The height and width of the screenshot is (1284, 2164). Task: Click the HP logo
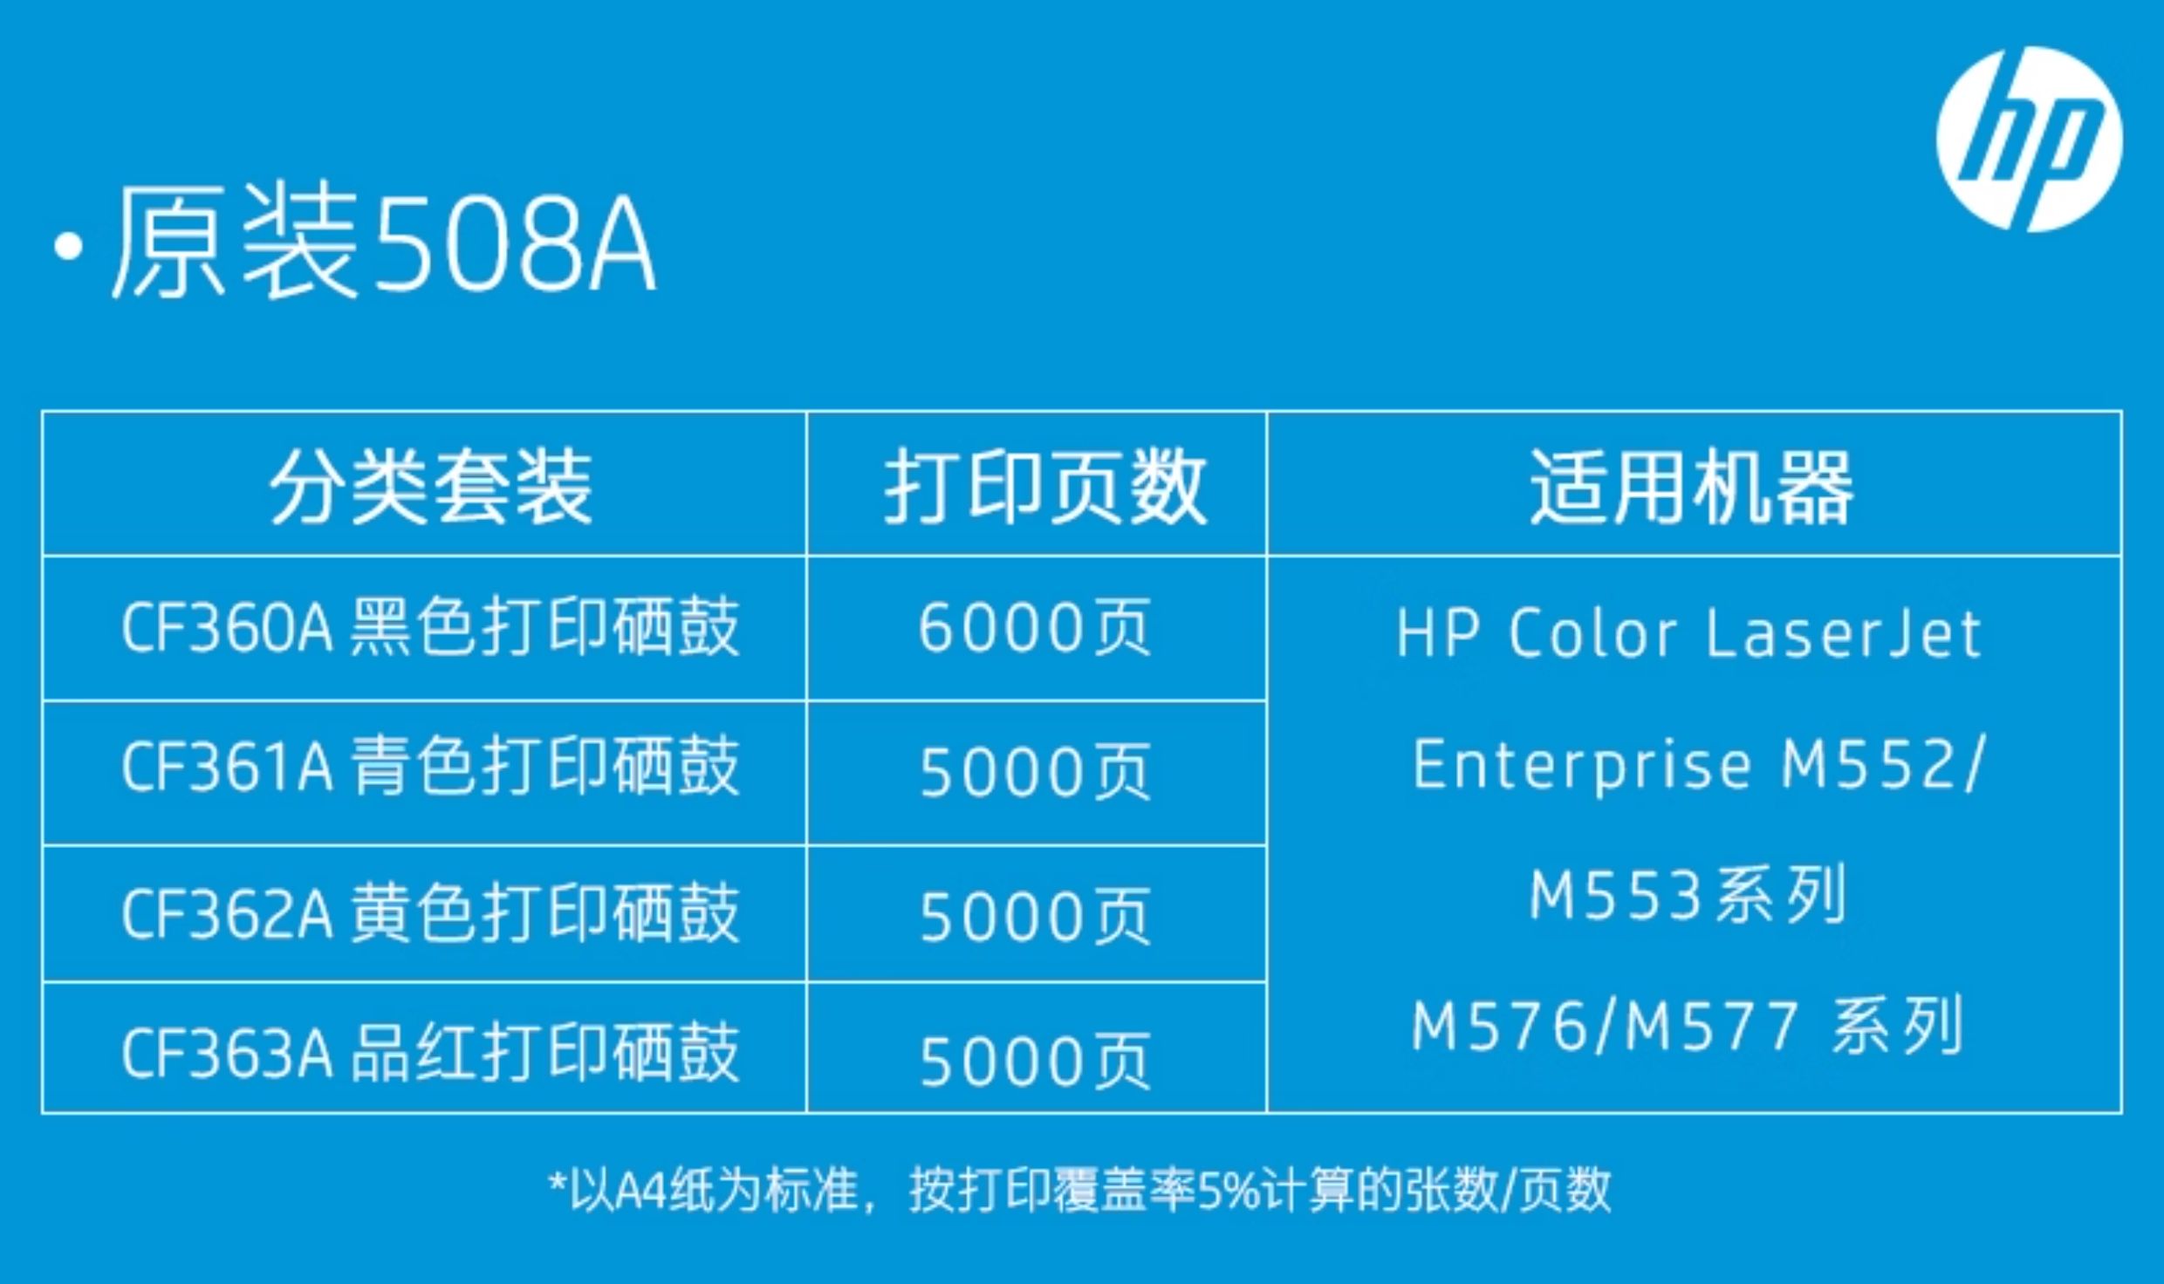point(2030,139)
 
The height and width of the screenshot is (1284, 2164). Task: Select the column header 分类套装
point(431,488)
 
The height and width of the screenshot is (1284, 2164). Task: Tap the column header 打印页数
point(1045,488)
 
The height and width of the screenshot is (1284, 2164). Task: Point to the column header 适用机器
point(1691,488)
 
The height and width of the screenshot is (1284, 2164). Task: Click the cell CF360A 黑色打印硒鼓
point(431,627)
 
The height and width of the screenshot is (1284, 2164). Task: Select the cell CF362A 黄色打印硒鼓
point(431,912)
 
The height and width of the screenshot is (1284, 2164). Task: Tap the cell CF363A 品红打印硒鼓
point(431,1053)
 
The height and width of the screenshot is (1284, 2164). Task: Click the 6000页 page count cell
point(1035,628)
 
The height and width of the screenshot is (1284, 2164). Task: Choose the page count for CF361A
point(1035,772)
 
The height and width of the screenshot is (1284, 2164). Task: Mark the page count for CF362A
point(1035,917)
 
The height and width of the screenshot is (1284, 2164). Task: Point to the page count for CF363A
point(1035,1061)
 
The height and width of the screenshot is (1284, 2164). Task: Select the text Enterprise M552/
point(1698,764)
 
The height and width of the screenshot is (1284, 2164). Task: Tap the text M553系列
point(1688,895)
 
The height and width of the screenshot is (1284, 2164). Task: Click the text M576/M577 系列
point(1688,1026)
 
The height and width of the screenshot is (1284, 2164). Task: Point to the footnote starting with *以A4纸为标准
point(1079,1190)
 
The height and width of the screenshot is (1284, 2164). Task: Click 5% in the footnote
point(1229,1191)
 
